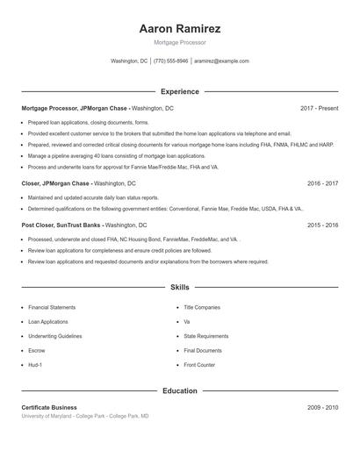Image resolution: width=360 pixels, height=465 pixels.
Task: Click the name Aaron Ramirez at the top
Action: point(179,29)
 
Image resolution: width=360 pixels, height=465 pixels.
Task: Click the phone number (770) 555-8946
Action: point(170,61)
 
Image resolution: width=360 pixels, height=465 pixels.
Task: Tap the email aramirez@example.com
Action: point(221,61)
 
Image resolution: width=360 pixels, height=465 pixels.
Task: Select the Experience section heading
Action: point(179,91)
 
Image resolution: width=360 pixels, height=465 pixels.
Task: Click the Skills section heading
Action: point(179,287)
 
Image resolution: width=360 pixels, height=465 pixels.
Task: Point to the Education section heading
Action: point(179,390)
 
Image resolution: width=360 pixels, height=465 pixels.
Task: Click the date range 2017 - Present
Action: point(319,108)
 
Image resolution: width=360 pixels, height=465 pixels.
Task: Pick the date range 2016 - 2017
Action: point(322,184)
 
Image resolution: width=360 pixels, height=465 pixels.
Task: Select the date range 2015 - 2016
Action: point(322,225)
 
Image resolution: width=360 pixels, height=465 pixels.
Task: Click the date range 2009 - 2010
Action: point(322,408)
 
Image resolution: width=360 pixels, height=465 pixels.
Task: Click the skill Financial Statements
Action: point(52,308)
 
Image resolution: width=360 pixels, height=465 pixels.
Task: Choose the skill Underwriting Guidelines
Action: point(55,336)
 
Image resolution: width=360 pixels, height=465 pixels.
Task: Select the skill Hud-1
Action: point(35,364)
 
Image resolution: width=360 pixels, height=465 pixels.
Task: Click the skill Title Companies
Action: point(202,308)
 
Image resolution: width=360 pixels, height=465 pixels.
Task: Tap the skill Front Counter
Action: point(199,364)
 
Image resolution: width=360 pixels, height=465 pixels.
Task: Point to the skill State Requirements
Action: point(206,336)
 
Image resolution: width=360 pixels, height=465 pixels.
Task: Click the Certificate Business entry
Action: point(49,408)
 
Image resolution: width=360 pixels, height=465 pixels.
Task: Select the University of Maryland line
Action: point(85,416)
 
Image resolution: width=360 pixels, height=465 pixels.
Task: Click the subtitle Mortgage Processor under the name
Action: point(179,42)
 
